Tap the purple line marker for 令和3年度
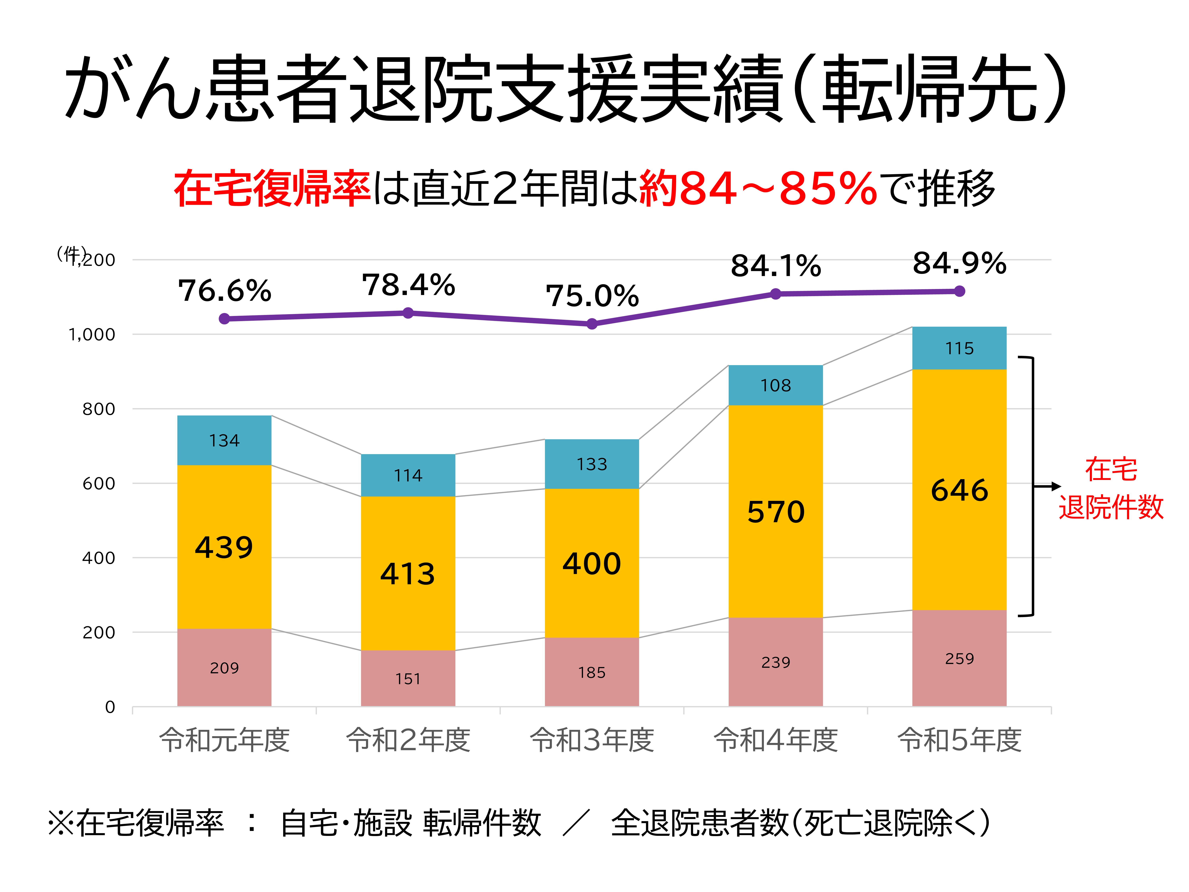592,324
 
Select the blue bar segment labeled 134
224,440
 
